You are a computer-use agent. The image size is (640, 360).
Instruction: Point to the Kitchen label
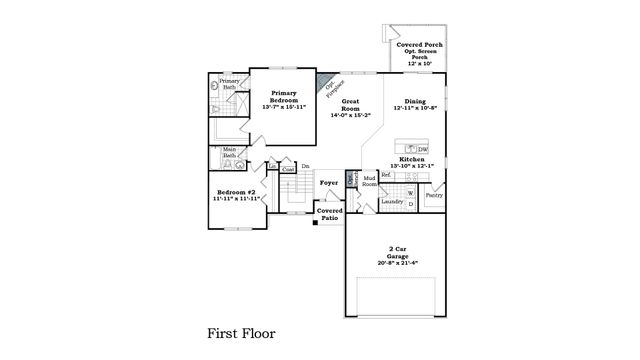413,160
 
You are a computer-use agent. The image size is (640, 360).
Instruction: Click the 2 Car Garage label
397,252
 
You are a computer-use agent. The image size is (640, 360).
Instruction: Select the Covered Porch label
419,46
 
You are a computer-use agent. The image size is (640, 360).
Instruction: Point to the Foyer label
328,184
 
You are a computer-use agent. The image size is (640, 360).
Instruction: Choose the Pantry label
434,196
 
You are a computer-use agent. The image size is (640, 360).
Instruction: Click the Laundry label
392,202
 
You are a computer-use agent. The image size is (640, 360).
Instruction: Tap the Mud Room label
369,181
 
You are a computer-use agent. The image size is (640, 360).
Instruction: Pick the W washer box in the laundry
410,190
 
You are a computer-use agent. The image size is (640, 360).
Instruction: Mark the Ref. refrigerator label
386,175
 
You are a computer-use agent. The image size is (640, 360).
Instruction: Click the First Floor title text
240,332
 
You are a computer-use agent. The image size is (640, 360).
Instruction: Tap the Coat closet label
288,170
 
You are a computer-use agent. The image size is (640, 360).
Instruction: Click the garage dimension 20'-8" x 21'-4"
397,263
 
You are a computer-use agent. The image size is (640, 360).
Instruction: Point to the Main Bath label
229,153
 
